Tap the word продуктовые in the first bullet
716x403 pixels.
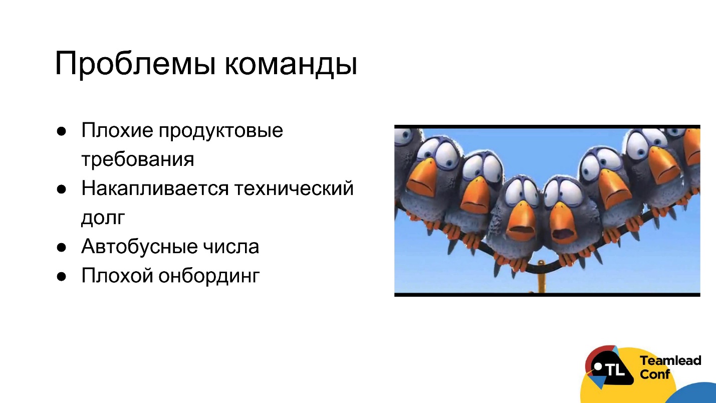click(x=221, y=131)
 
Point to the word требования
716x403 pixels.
click(x=137, y=159)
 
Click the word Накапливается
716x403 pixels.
click(x=155, y=189)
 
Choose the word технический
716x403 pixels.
click(x=293, y=189)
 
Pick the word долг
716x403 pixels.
click(x=102, y=218)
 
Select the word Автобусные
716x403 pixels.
click(x=139, y=247)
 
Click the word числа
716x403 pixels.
click(x=231, y=247)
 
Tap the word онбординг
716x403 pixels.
click(x=209, y=276)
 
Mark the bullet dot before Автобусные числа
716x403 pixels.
click(x=61, y=247)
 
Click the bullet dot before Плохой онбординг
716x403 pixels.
click(x=61, y=276)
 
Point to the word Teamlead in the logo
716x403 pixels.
click(x=670, y=360)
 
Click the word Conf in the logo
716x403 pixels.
click(x=655, y=374)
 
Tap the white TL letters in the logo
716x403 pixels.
click(x=615, y=370)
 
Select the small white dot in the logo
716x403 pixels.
click(x=598, y=366)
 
